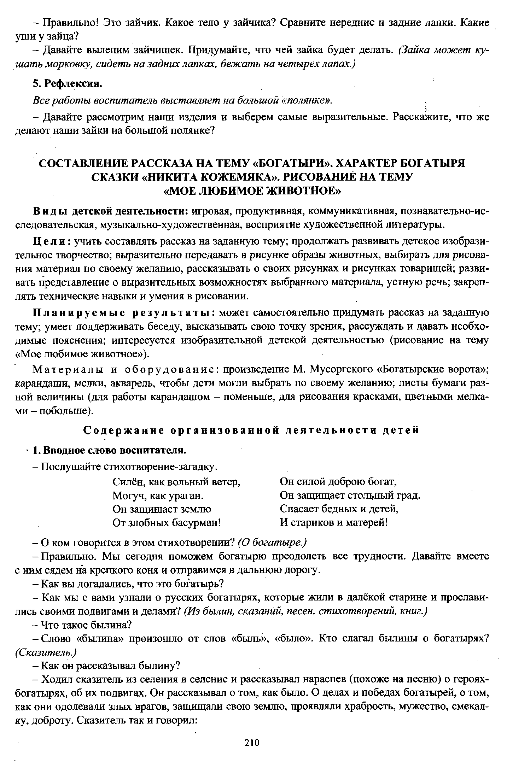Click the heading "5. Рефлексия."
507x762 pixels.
tap(67, 83)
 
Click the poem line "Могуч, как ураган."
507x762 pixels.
tap(158, 496)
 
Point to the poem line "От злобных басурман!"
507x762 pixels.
tap(167, 522)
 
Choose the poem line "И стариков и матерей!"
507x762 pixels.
tap(334, 522)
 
